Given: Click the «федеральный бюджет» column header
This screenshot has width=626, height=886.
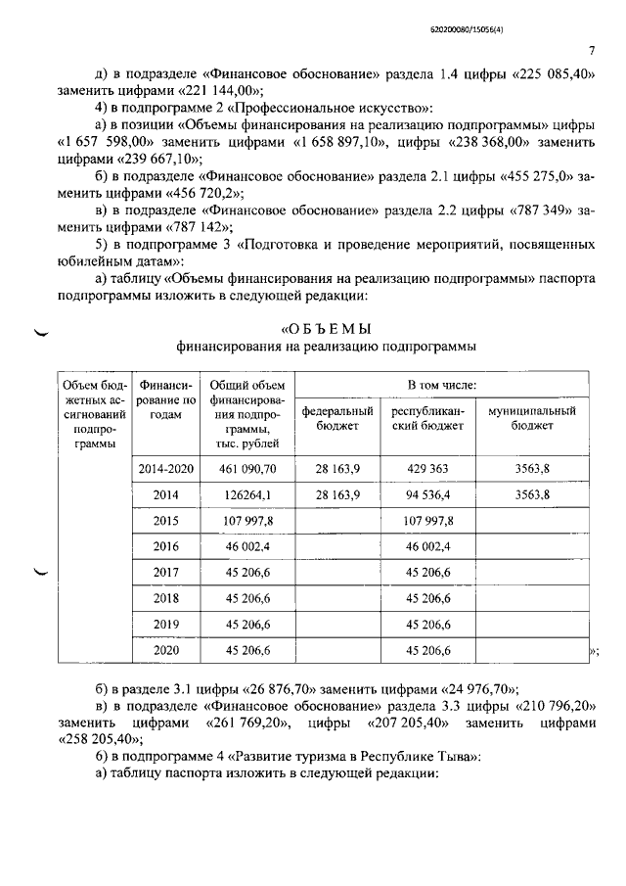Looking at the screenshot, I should coord(337,418).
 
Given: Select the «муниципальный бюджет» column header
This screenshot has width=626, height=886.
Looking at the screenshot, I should coord(532,418).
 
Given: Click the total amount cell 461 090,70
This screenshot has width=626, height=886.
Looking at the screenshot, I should coord(246,469).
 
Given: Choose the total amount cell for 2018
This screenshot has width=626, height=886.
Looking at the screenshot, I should coord(246,598).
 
